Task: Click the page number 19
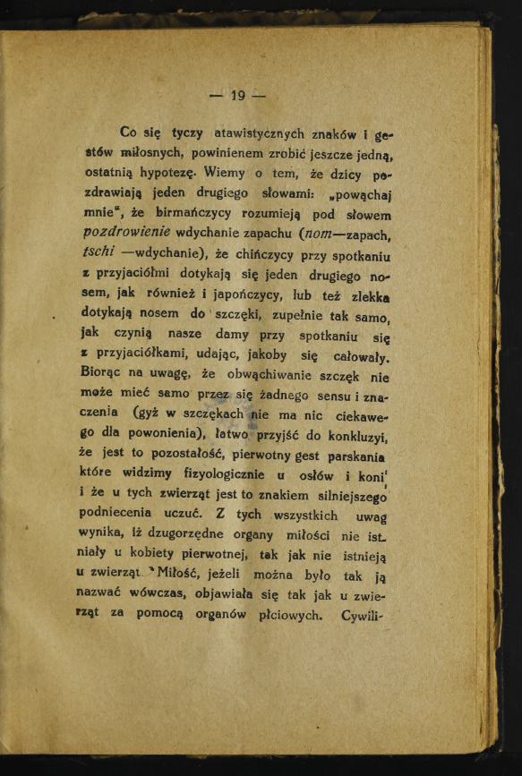click(237, 96)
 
